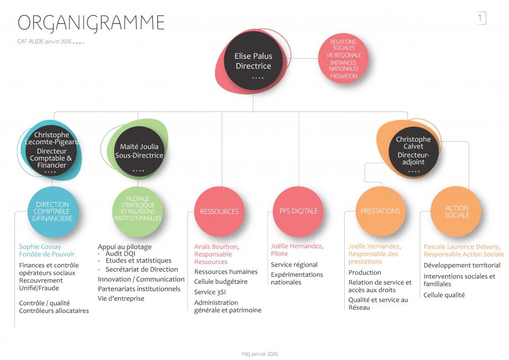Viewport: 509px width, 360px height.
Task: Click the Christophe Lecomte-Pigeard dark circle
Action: coord(52,151)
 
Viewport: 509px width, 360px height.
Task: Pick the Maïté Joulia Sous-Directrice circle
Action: coord(139,151)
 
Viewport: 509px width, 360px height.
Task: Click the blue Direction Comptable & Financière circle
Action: coord(52,211)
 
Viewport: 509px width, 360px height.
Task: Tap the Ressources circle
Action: coord(219,212)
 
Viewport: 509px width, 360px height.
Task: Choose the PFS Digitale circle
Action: coord(299,211)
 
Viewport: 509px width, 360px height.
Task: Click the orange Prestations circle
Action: coord(380,211)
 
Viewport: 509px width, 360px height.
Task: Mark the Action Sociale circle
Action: coord(457,212)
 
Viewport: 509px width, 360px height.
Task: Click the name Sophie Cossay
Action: coord(40,247)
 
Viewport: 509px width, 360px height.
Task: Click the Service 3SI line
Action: coord(210,291)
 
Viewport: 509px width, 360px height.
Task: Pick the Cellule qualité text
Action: coord(444,295)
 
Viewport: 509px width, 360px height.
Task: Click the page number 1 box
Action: coord(480,19)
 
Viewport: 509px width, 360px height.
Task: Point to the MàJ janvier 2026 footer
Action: coord(256,354)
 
